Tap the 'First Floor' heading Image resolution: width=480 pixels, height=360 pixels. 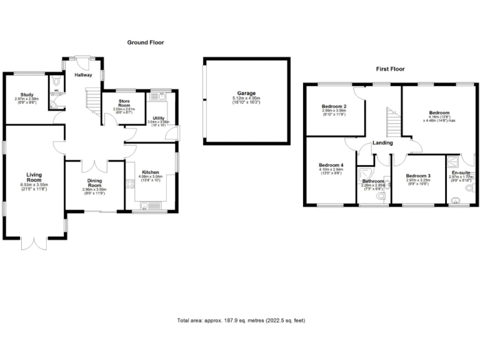390,69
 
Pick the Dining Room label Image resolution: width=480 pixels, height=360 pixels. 94,182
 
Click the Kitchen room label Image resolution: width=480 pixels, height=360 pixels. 151,172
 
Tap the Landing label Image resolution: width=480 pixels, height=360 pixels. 382,143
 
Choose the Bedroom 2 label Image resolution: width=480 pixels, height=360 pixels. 334,106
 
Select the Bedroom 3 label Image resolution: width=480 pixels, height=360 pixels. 418,176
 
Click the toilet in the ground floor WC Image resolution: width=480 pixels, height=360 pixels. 57,81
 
